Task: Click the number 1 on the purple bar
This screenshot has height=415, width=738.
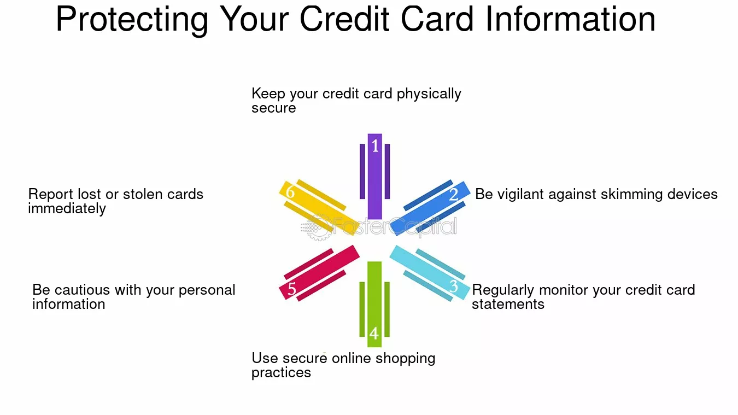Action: pyautogui.click(x=375, y=145)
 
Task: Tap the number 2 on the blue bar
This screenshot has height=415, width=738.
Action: pyautogui.click(x=454, y=194)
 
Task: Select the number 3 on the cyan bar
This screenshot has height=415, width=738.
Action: pyautogui.click(x=454, y=286)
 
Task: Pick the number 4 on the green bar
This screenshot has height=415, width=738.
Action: pyautogui.click(x=374, y=334)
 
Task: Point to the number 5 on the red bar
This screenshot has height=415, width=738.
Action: pyautogui.click(x=292, y=289)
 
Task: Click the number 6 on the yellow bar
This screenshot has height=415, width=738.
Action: pyautogui.click(x=290, y=192)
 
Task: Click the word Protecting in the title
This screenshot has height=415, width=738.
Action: pyautogui.click(x=132, y=20)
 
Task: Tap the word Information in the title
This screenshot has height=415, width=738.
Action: pyautogui.click(x=570, y=19)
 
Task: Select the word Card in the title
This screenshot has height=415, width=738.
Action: pyautogui.click(x=437, y=19)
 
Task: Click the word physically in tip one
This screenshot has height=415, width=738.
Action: pyautogui.click(x=429, y=94)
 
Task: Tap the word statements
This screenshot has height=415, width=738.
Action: pyautogui.click(x=508, y=304)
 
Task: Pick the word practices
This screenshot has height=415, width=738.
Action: pyautogui.click(x=281, y=373)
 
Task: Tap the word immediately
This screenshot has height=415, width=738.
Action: pyautogui.click(x=67, y=209)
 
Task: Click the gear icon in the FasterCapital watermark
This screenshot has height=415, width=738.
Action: pyautogui.click(x=318, y=227)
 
